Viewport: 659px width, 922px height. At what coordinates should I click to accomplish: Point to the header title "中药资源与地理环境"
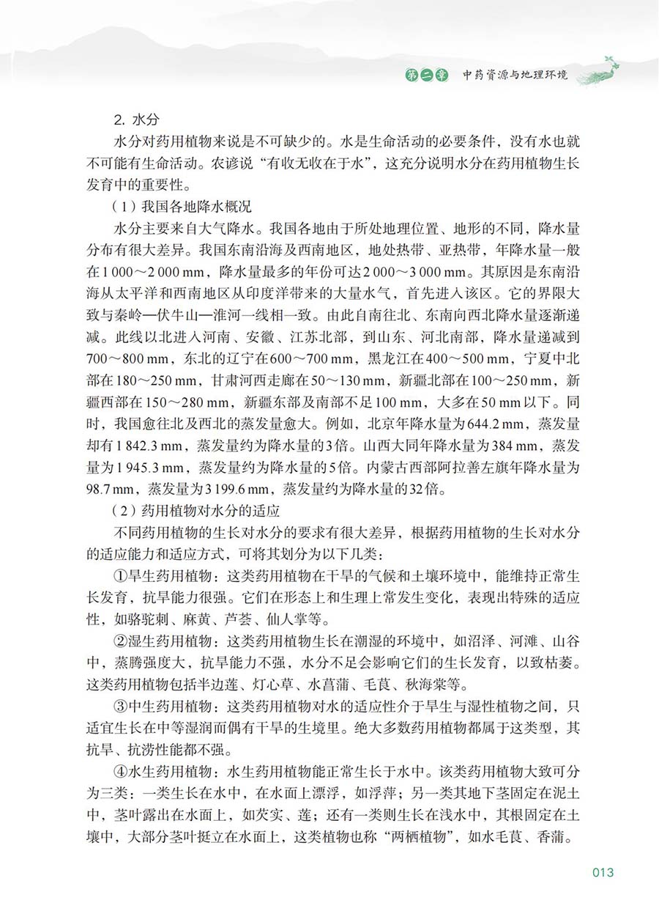tap(514, 75)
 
